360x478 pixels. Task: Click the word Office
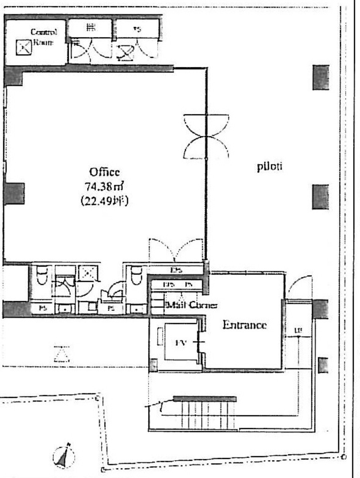click(x=104, y=172)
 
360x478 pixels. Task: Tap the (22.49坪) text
click(x=104, y=202)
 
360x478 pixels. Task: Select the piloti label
click(x=270, y=167)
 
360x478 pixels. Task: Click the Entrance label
click(x=244, y=325)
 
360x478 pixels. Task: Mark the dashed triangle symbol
click(x=62, y=353)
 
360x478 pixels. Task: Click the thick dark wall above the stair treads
click(x=205, y=399)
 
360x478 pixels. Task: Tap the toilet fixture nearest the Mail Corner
click(x=136, y=275)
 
